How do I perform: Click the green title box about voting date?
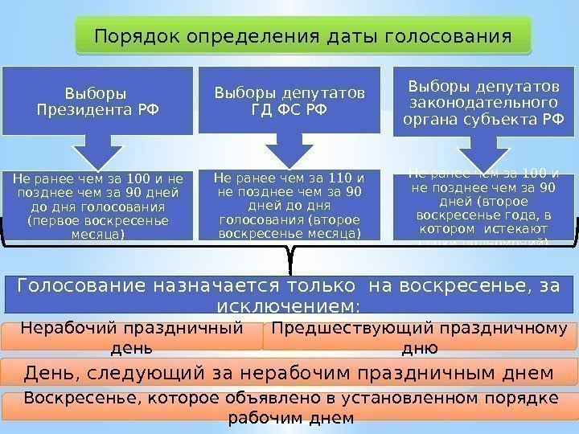[303, 37]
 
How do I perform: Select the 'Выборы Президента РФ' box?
[97, 100]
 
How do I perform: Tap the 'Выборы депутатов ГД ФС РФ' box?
[288, 100]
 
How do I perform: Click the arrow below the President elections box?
[97, 153]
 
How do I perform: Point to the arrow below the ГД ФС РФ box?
[288, 153]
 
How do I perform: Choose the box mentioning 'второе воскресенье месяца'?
[288, 205]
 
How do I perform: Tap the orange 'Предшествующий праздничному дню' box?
[419, 337]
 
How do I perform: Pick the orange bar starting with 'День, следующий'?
[289, 373]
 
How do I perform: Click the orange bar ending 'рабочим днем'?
[289, 409]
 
